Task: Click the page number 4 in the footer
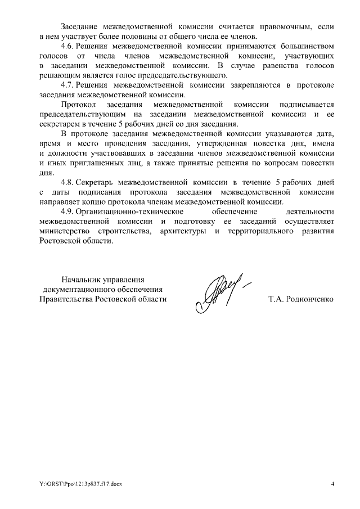coord(332,484)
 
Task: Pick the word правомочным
coord(283,26)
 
